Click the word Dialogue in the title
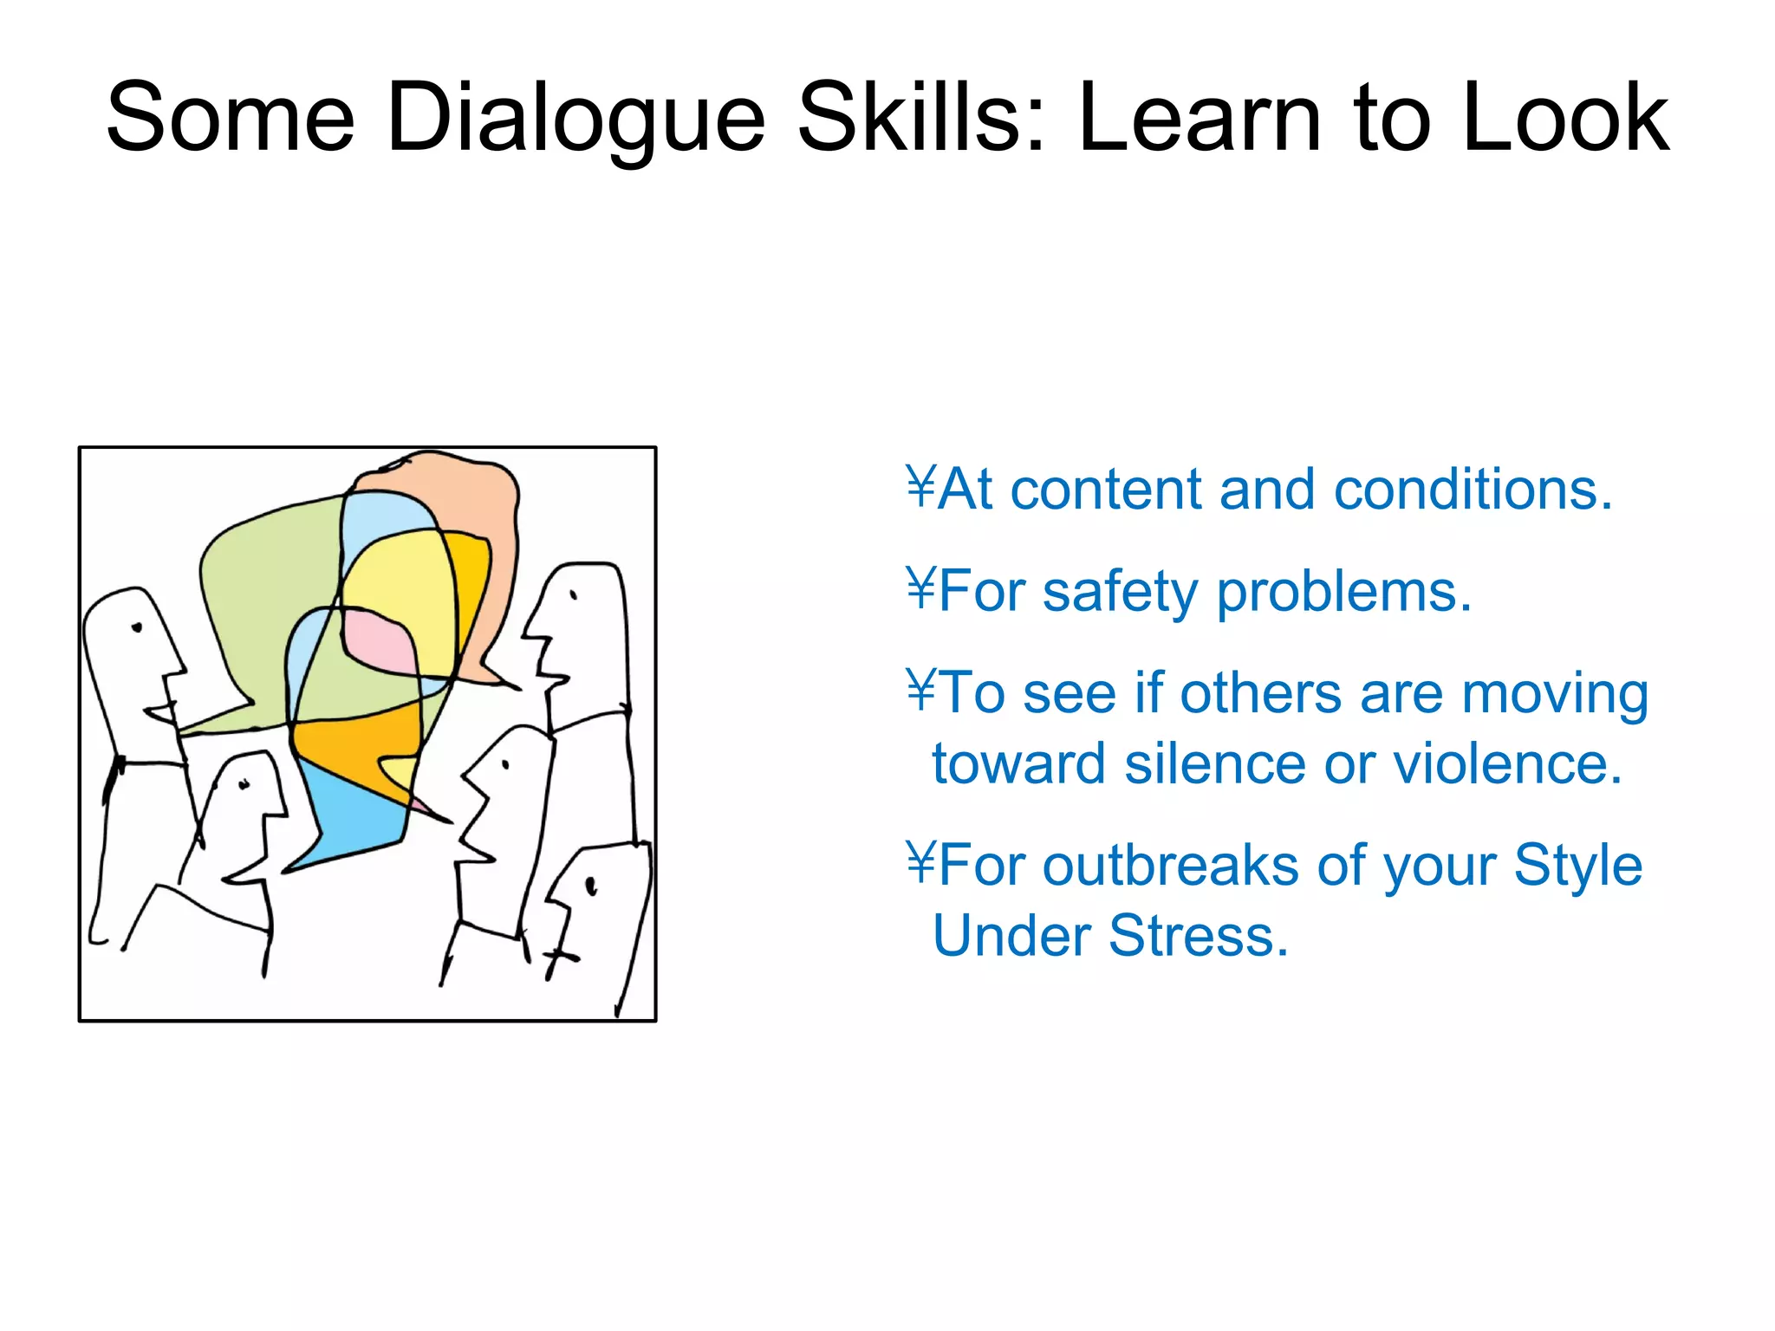[x=576, y=119]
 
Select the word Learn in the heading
[x=1200, y=119]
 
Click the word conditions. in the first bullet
[x=1473, y=490]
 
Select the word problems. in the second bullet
[x=1344, y=593]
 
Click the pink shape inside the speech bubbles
[x=377, y=641]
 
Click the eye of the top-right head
[x=573, y=595]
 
